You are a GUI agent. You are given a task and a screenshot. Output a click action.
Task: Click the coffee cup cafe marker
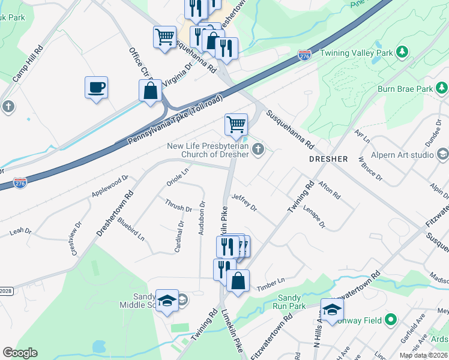96,88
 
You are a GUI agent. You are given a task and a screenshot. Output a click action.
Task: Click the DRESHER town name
328,160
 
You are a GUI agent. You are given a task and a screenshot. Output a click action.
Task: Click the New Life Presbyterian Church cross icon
258,149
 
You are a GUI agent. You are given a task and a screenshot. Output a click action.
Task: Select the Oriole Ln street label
177,176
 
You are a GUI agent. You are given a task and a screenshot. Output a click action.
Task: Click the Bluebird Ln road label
131,229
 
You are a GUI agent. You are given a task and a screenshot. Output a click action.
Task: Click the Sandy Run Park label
289,302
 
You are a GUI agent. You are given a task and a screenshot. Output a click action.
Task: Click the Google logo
20,353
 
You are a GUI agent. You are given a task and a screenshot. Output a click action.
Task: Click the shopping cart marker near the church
236,124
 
